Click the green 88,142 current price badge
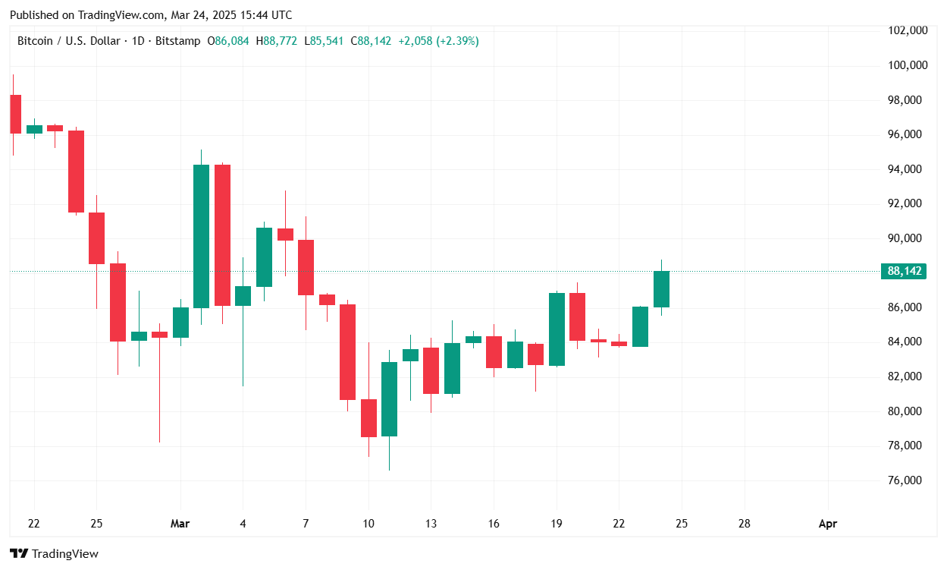point(903,272)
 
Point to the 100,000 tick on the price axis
point(907,65)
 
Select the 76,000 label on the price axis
point(907,480)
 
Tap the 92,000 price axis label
point(907,203)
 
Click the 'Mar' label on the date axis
point(180,524)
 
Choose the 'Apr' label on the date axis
point(828,524)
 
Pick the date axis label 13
point(431,524)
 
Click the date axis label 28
point(745,524)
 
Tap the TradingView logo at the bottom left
point(54,554)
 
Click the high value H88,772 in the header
point(278,41)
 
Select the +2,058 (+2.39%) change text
point(437,41)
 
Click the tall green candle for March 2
point(201,236)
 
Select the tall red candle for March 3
point(222,235)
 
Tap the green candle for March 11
point(389,399)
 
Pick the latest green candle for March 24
point(661,289)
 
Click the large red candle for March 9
point(347,352)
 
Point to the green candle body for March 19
point(557,329)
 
